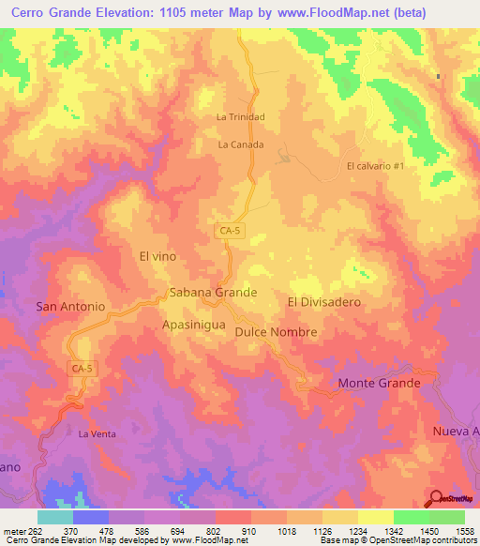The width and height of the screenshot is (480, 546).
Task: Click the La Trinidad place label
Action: pos(241,117)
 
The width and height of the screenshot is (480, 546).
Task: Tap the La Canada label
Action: pos(241,145)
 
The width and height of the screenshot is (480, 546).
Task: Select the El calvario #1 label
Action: pos(375,166)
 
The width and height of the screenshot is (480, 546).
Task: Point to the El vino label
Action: pos(157,255)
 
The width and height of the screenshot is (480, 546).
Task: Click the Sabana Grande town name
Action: pos(213,293)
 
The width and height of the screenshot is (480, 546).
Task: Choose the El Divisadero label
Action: pos(323,302)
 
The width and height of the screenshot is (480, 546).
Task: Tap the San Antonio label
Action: pos(69,307)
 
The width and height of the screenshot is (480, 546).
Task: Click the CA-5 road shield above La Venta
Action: pos(82,369)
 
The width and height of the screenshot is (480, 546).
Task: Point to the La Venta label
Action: pos(97,433)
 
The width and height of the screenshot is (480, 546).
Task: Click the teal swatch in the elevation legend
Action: pos(54,517)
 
